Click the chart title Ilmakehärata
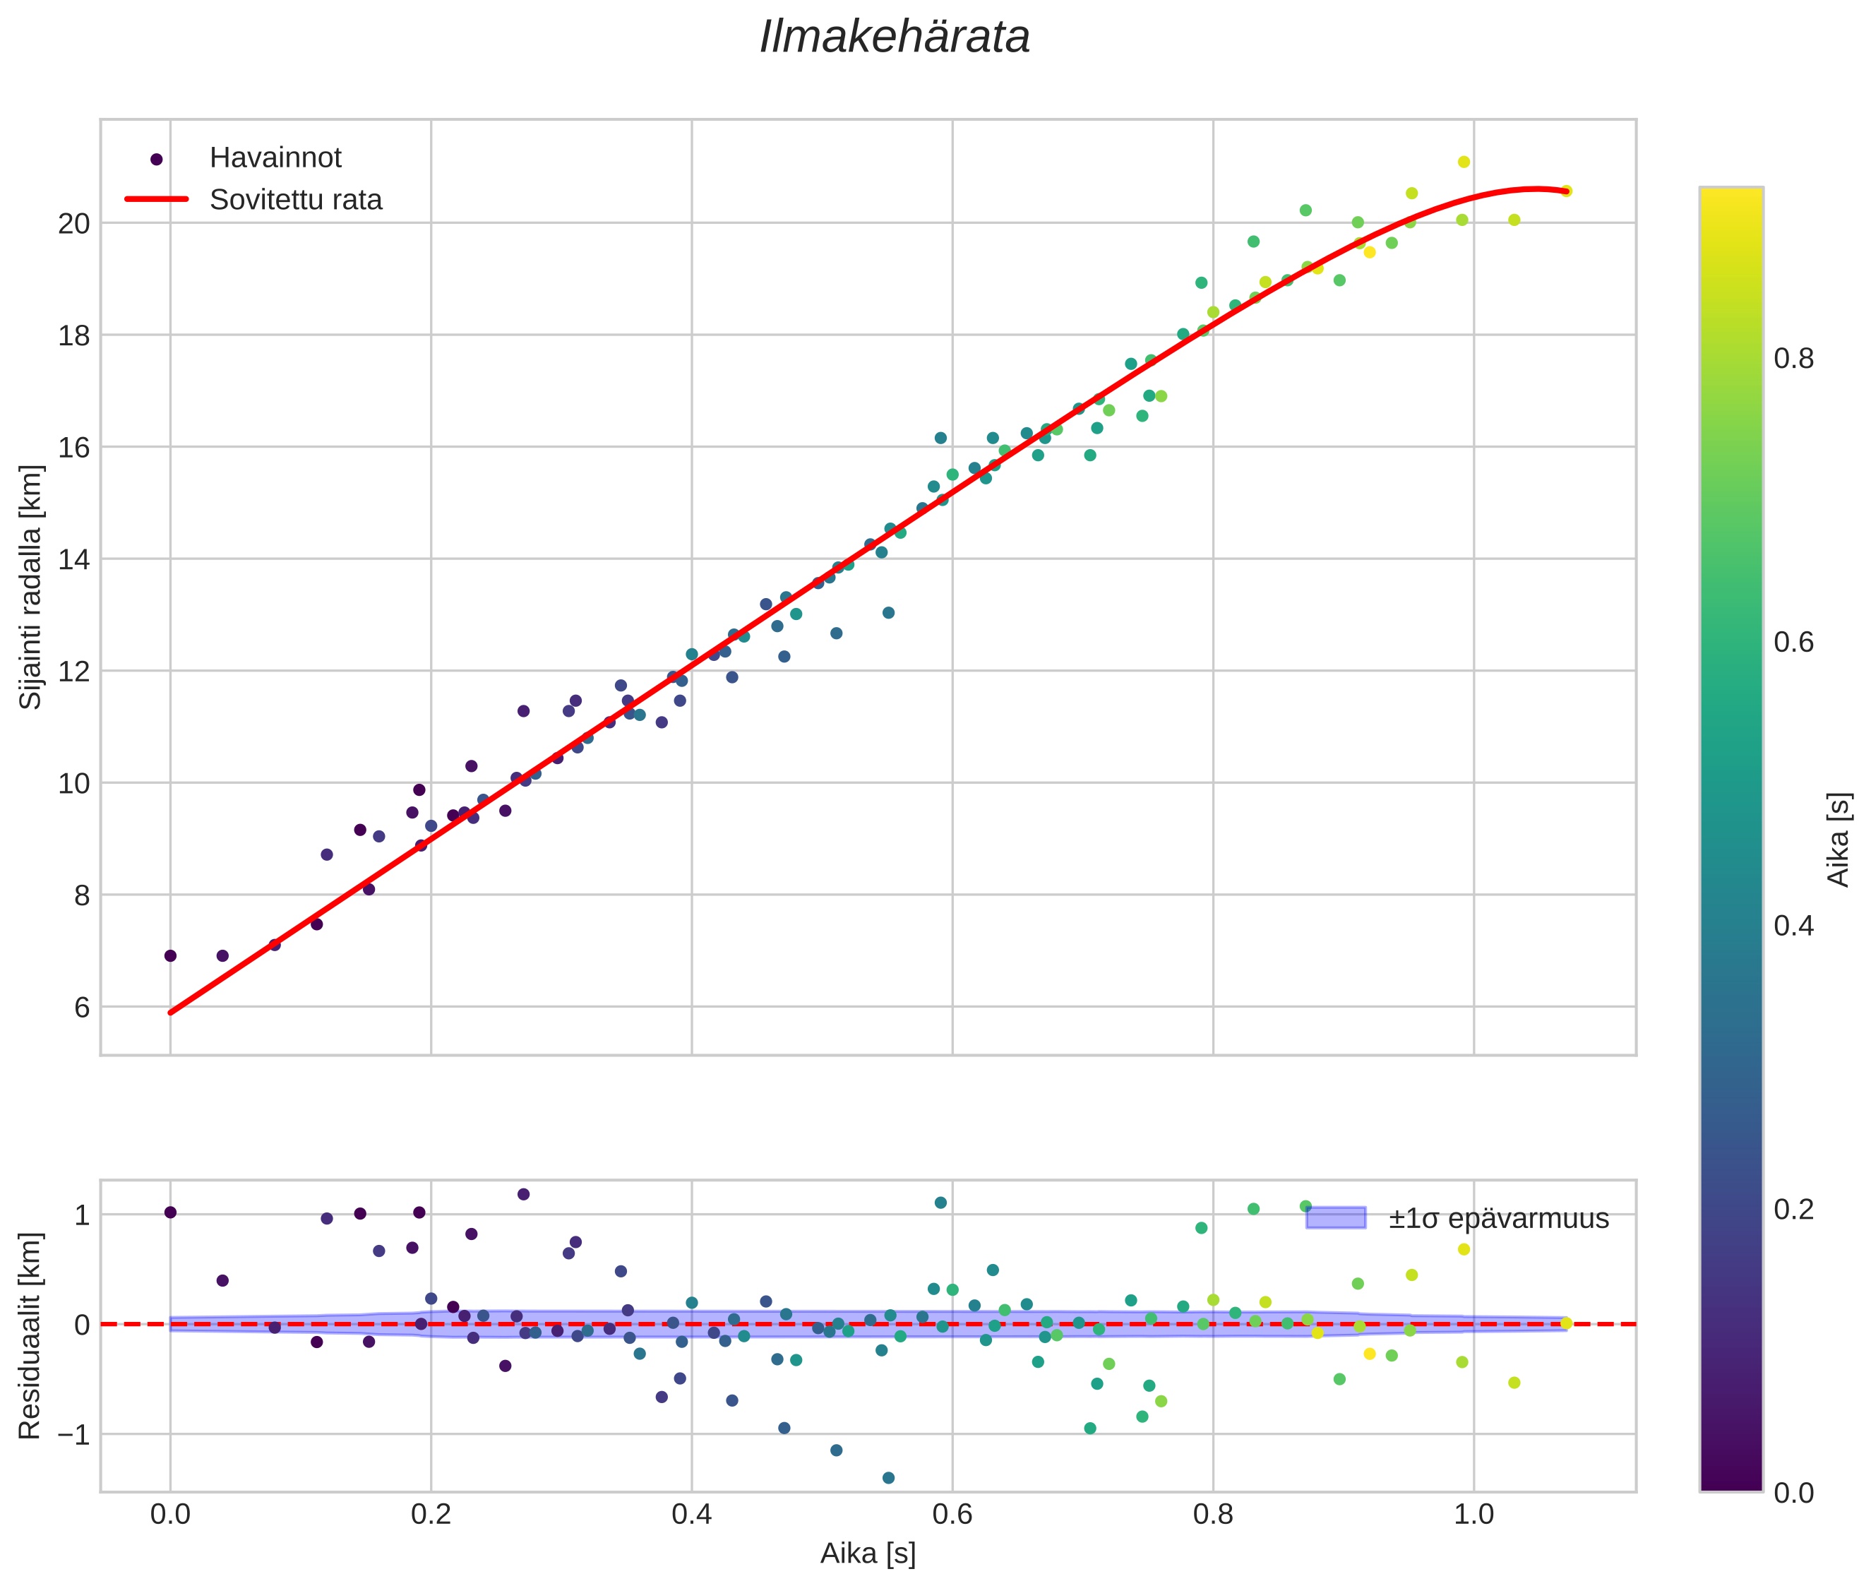coord(894,37)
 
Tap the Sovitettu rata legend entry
coord(295,200)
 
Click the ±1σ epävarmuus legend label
coord(1498,1218)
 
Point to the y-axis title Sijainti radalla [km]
coord(30,586)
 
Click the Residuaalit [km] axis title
coord(30,1335)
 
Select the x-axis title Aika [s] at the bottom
coord(868,1553)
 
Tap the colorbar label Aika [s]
coord(1839,839)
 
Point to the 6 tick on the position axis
coord(82,1007)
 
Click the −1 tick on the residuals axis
coord(69,1434)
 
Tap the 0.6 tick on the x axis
coord(952,1515)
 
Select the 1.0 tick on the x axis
coord(1474,1515)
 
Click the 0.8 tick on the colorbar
coord(1793,359)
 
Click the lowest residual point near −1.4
coord(888,1477)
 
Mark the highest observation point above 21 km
coord(1464,162)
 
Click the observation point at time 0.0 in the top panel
coord(170,955)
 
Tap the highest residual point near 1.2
coord(523,1194)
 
